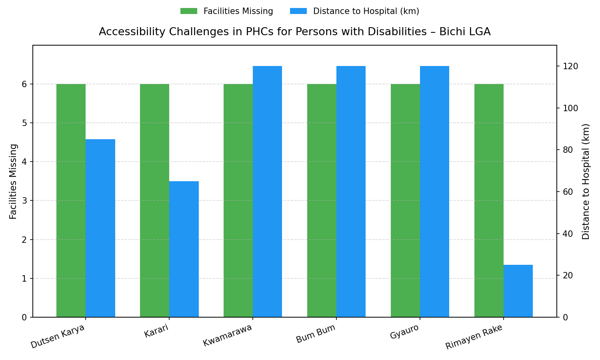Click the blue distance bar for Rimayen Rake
click(x=518, y=291)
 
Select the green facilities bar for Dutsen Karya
click(x=71, y=200)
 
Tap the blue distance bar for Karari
click(x=184, y=249)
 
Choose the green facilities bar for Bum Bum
click(x=322, y=200)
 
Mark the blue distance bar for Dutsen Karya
click(x=100, y=228)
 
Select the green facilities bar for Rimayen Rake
click(x=489, y=200)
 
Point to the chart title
click(x=294, y=32)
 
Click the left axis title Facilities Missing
click(x=13, y=181)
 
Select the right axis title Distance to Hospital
click(x=586, y=181)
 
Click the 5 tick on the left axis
click(x=24, y=123)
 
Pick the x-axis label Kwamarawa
click(x=228, y=336)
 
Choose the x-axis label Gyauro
click(x=404, y=332)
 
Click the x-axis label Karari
click(x=156, y=331)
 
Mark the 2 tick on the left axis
click(x=24, y=240)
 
